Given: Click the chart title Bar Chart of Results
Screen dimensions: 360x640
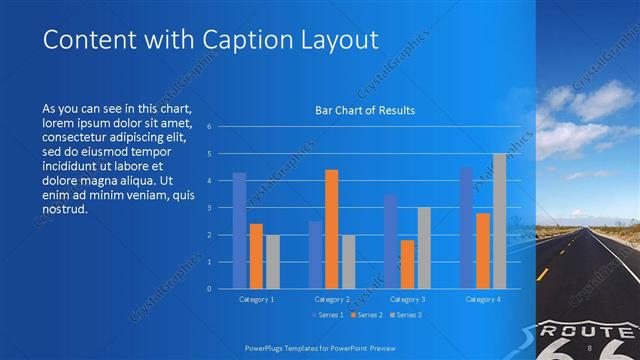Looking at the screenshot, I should point(364,110).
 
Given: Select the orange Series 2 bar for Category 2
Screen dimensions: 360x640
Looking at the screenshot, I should point(332,229).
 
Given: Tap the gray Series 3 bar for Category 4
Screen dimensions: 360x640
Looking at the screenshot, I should point(499,221).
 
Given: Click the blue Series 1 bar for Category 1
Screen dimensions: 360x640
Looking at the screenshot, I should point(239,230).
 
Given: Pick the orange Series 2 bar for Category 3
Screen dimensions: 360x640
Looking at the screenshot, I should point(408,264).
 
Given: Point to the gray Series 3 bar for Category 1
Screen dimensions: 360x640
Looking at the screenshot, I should point(273,261).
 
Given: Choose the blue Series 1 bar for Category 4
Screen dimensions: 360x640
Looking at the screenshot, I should point(466,227).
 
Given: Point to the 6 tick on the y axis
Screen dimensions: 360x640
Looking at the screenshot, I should point(209,127).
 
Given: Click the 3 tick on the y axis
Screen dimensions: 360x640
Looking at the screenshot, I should point(209,208).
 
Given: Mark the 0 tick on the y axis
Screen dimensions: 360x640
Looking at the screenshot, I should point(209,288).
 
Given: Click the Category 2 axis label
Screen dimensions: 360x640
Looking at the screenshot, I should point(332,299).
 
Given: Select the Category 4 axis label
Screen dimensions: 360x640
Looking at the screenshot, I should point(483,299).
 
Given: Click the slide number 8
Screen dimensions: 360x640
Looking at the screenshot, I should point(592,347).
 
